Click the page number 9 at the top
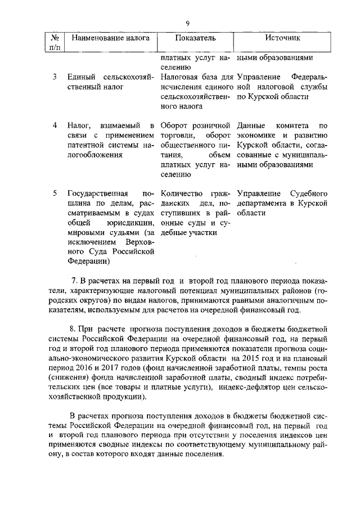pos(188,22)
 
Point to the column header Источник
pos(282,38)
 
